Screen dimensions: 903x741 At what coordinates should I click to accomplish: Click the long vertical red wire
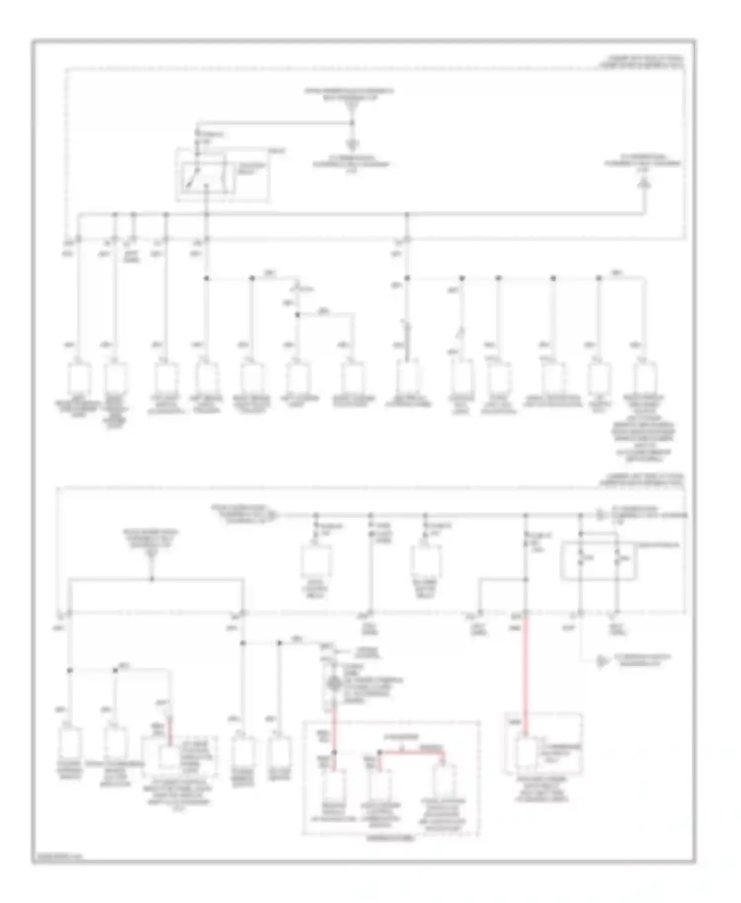coord(526,672)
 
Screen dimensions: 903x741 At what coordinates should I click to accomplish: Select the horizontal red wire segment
coord(412,753)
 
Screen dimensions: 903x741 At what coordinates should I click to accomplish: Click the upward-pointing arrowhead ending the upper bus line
coord(644,184)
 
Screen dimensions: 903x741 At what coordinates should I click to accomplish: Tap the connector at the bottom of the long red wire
coord(526,753)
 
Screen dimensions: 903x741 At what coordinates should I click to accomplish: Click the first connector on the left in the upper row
coord(79,378)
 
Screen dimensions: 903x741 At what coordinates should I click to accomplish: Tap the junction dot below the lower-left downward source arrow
coord(152,579)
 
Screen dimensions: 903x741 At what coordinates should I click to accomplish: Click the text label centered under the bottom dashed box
coord(390,838)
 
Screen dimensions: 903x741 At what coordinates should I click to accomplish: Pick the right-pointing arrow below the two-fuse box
coord(602,660)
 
